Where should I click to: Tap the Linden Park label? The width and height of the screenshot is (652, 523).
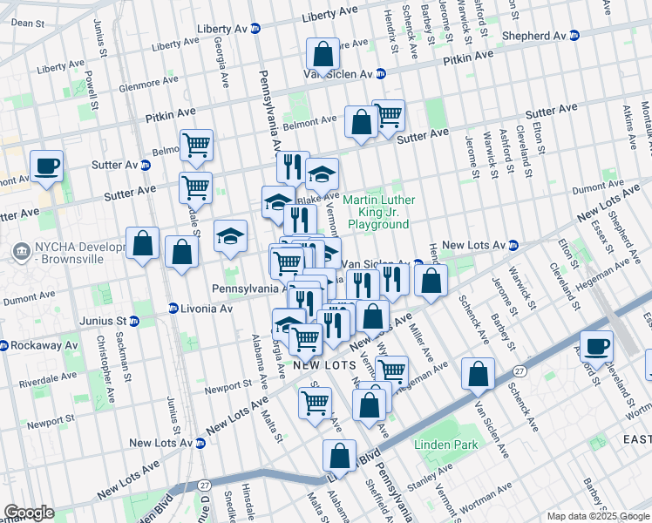coord(454,445)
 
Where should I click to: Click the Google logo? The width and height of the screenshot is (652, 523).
coord(28,513)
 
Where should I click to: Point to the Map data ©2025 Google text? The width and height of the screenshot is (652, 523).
coord(597,516)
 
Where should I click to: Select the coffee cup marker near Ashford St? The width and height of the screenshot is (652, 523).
coord(597,346)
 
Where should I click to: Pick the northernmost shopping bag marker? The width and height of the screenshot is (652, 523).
coord(323,55)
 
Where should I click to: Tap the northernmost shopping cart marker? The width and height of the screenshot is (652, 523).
coord(388,114)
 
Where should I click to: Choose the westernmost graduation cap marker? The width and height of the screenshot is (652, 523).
coord(231,237)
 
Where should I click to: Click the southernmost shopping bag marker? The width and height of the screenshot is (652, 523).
coord(339,455)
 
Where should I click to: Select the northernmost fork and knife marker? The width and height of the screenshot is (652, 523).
coord(294,166)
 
